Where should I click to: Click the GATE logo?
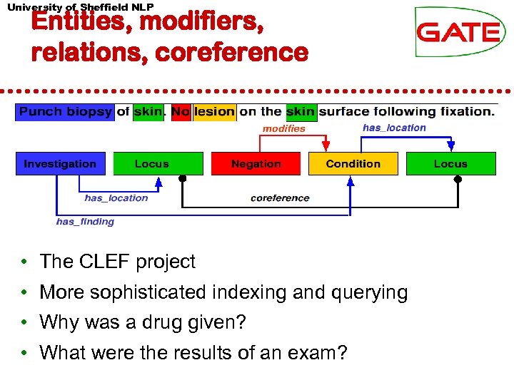coord(460,32)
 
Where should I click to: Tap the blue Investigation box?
coord(61,164)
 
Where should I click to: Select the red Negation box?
coord(256,164)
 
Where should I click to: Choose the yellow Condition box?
coord(353,164)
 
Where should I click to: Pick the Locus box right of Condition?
coord(450,164)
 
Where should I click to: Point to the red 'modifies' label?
coord(283,129)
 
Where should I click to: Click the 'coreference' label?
coord(280,198)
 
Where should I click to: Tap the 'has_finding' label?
coord(85,222)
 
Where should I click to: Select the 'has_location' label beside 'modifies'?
coord(394,128)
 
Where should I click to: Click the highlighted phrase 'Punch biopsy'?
coord(65,111)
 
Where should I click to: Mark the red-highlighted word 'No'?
coord(181,111)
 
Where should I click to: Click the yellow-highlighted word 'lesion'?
coord(214,111)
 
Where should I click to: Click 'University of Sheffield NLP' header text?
coord(80,6)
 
